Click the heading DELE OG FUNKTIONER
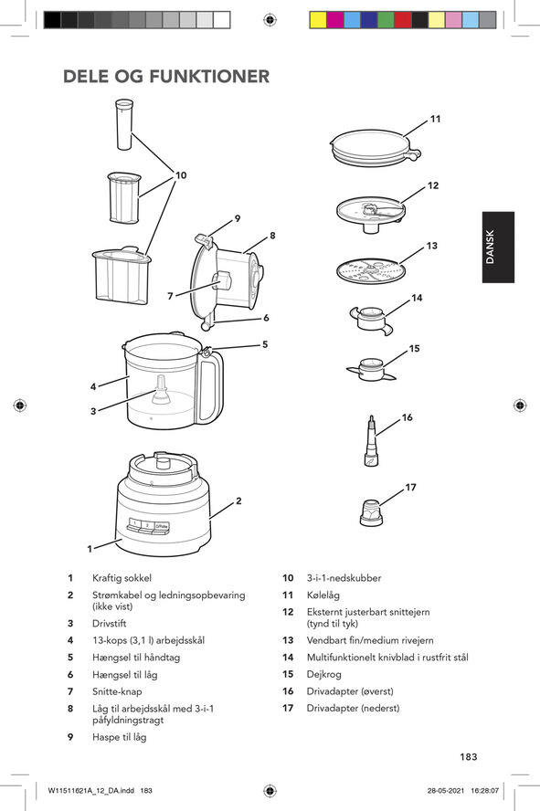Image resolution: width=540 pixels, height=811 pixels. tap(166, 76)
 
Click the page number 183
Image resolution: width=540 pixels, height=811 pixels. tap(469, 756)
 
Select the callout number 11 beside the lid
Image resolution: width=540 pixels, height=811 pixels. tap(435, 119)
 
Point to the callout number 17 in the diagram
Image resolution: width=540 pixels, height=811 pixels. tap(411, 488)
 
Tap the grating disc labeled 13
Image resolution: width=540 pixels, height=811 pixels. tap(370, 271)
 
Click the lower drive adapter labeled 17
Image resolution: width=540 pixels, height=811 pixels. tap(370, 513)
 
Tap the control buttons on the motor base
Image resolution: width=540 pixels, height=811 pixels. tap(149, 526)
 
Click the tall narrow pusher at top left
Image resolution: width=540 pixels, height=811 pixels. tap(124, 124)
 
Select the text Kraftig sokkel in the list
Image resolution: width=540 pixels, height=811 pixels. tap(122, 578)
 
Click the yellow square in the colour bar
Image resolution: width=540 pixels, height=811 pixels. tap(318, 19)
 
